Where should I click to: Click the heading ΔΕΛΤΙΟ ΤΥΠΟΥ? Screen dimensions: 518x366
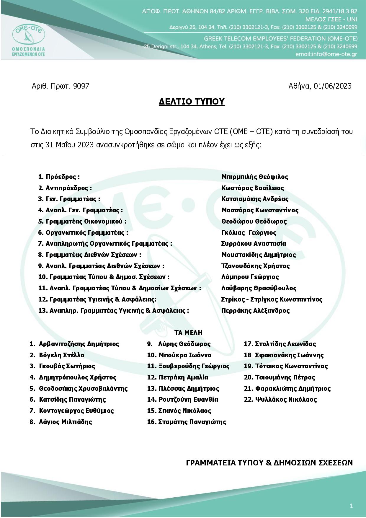pos(192,102)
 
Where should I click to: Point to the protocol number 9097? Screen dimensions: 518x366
pos(81,86)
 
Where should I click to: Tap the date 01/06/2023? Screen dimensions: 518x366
pos(333,86)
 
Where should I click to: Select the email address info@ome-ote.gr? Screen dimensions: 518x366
pos(326,54)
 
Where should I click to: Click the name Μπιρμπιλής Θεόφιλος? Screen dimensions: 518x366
pos(255,177)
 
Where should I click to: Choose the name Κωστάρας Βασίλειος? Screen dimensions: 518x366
pos(253,188)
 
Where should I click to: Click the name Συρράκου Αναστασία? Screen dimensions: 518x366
pos(254,244)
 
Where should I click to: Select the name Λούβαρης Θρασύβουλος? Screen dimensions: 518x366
pos(259,288)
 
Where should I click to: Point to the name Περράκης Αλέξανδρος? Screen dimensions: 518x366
pos(255,311)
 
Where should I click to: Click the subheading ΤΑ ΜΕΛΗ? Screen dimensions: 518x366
pos(188,333)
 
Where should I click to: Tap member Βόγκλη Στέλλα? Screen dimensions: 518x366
pos(61,355)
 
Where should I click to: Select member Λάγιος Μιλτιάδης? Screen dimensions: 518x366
pos(65,422)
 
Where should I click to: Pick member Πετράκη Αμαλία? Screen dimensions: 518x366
pos(183,377)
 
